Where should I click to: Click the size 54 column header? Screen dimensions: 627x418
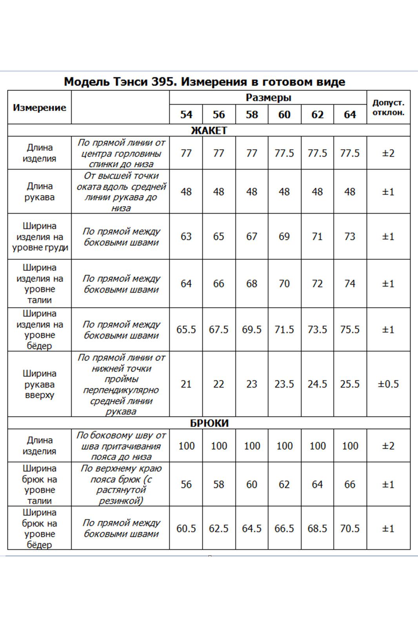pyautogui.click(x=186, y=114)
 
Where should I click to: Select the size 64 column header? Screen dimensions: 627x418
pyautogui.click(x=350, y=114)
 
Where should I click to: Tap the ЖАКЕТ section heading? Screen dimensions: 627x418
pyautogui.click(x=209, y=130)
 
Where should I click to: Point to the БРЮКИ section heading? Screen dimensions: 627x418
pyautogui.click(x=209, y=423)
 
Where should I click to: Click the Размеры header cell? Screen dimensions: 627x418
pyautogui.click(x=268, y=98)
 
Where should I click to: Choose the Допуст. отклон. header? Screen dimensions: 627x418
pyautogui.click(x=388, y=107)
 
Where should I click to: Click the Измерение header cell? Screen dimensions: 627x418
pyautogui.click(x=39, y=108)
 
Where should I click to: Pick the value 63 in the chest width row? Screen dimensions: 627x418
pyautogui.click(x=186, y=236)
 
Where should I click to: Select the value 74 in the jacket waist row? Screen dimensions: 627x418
pyautogui.click(x=350, y=283)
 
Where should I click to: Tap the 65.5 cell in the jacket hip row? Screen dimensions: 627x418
pyautogui.click(x=186, y=330)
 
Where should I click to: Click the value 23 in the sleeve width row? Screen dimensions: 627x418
pyautogui.click(x=251, y=384)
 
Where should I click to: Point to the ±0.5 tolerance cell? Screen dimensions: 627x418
pyautogui.click(x=388, y=384)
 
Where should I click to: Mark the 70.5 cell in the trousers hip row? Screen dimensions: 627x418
pyautogui.click(x=350, y=529)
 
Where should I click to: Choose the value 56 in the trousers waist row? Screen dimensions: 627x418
pyautogui.click(x=186, y=484)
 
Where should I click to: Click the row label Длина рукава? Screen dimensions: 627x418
pyautogui.click(x=39, y=192)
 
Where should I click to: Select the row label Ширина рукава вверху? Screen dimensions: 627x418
pyautogui.click(x=39, y=384)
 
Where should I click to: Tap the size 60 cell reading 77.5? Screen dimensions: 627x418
pyautogui.click(x=284, y=153)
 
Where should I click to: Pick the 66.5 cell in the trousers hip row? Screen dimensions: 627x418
pyautogui.click(x=284, y=529)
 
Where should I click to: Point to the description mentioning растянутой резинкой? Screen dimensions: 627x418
pyautogui.click(x=120, y=484)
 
